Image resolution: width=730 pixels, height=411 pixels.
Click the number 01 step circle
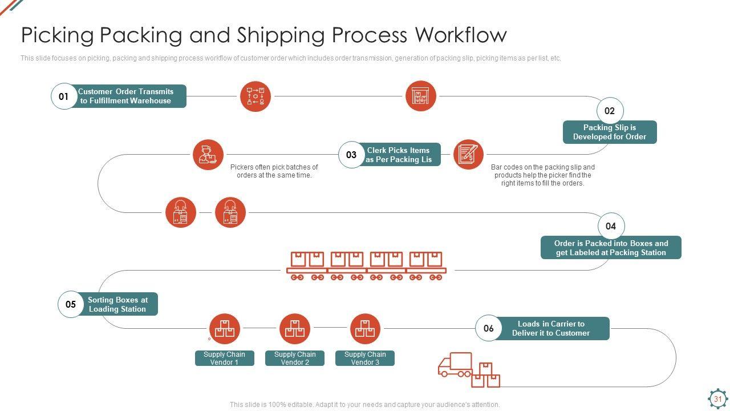(64, 96)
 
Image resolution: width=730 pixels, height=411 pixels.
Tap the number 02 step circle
(610, 111)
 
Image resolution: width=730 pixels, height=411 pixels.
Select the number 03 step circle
(351, 155)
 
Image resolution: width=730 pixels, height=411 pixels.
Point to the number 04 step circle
(611, 227)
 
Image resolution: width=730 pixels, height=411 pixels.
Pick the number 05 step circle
(71, 304)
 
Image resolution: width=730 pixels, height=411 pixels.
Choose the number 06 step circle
(489, 328)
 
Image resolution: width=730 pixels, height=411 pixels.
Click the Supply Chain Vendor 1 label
(224, 358)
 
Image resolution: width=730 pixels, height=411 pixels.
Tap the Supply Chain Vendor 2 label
(295, 358)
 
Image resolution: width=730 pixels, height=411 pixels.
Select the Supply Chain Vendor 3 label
(365, 358)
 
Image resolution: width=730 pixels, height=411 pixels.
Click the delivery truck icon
(456, 365)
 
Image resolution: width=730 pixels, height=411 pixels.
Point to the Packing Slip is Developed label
(610, 132)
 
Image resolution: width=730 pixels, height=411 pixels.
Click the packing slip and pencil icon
(469, 154)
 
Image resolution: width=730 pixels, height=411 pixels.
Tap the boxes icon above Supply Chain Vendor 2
(295, 329)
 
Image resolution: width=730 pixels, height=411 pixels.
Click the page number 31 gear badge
(717, 398)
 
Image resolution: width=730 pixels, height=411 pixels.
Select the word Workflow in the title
(461, 35)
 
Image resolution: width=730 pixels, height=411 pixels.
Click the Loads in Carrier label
(551, 329)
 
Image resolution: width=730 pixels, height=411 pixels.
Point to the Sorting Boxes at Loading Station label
(117, 304)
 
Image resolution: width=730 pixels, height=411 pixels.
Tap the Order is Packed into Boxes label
(611, 248)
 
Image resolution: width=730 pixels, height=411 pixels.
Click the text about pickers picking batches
(274, 171)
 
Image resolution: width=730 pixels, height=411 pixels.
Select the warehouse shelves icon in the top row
(421, 96)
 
